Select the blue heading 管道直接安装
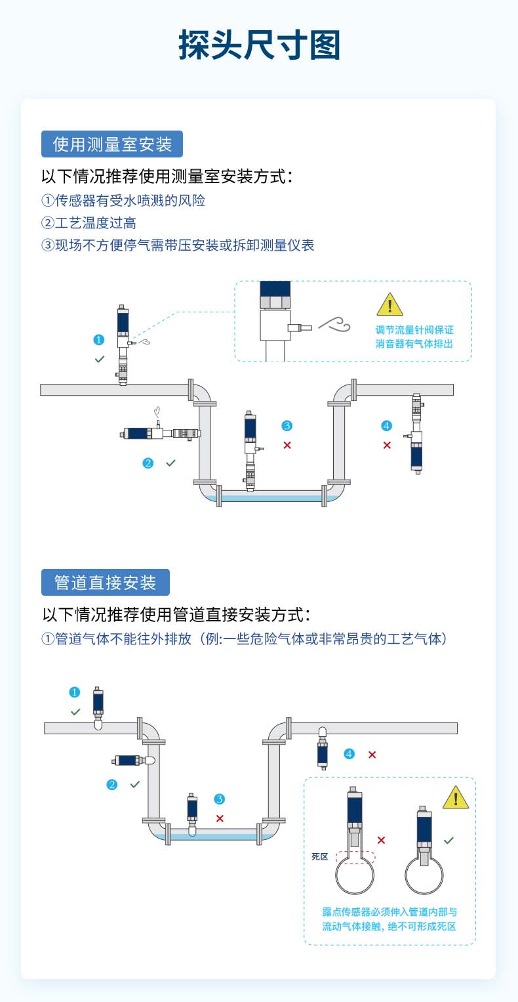(106, 582)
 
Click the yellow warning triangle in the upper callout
(390, 305)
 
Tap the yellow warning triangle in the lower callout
(455, 798)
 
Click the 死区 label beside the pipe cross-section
(319, 857)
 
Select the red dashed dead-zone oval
(355, 857)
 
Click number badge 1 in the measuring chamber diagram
(99, 340)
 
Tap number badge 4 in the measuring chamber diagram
(386, 426)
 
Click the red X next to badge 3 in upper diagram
(287, 446)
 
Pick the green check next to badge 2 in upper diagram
(170, 463)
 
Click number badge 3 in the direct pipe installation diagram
(220, 799)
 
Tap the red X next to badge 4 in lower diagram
(372, 755)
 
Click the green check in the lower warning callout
(448, 840)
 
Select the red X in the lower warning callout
(382, 840)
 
